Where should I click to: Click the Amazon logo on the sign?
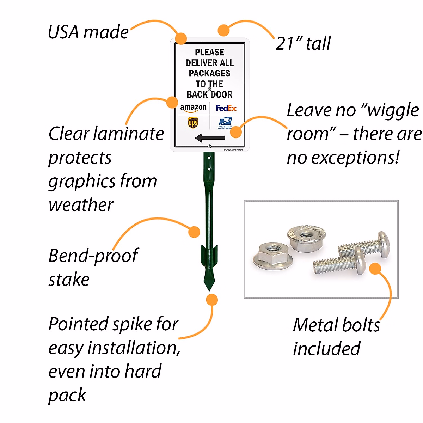[193, 108]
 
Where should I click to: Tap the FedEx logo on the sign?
[226, 108]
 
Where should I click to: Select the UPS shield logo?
[193, 123]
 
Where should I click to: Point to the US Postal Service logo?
[225, 123]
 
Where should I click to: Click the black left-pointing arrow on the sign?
[210, 137]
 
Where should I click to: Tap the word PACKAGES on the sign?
[209, 73]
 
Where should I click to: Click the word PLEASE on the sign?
[209, 52]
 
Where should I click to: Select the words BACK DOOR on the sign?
[209, 94]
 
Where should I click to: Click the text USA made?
[88, 32]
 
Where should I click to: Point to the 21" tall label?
[303, 43]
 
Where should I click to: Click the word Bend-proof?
[93, 256]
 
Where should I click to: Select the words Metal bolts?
[336, 325]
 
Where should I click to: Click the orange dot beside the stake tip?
[212, 300]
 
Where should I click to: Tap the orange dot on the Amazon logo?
[172, 102]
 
